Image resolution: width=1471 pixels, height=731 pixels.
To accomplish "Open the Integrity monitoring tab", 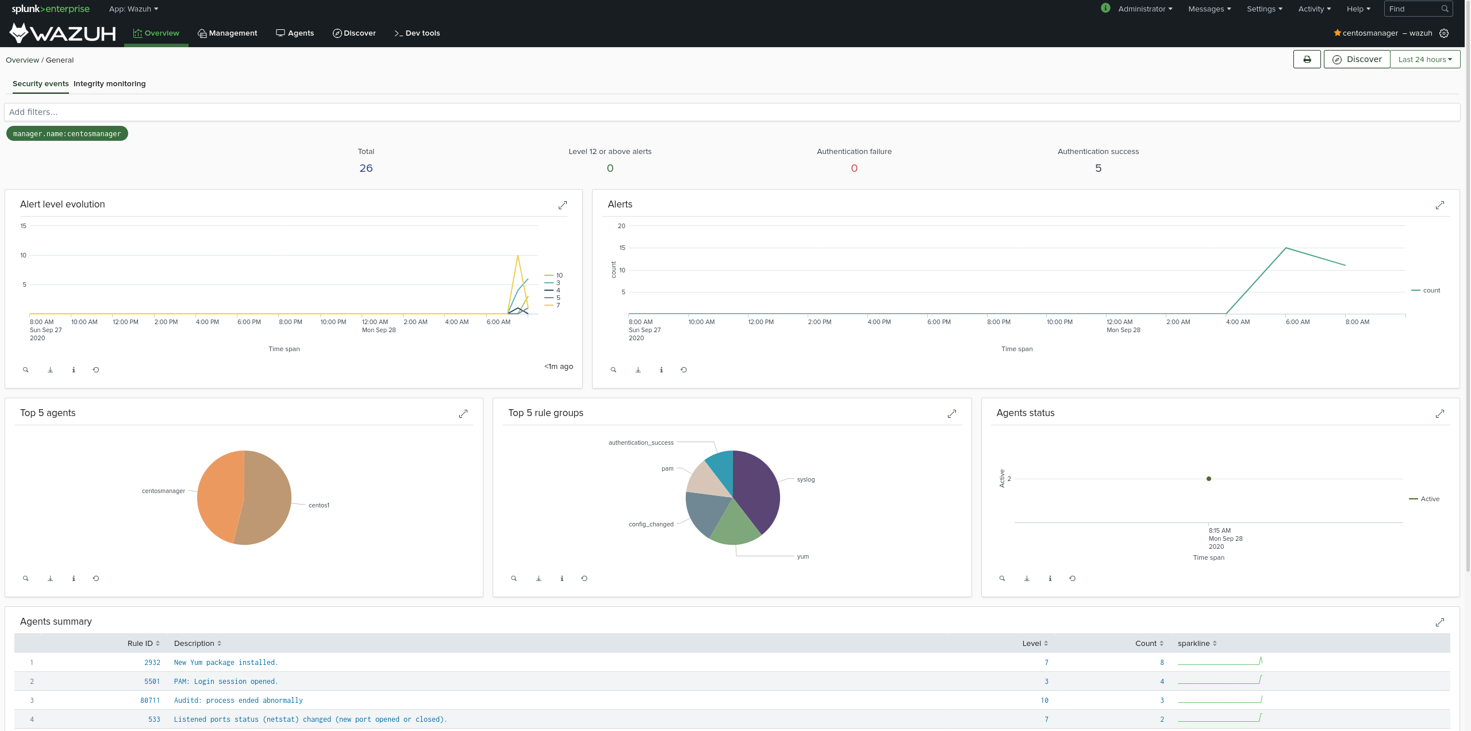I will point(109,84).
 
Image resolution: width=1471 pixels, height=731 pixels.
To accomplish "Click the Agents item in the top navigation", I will point(295,33).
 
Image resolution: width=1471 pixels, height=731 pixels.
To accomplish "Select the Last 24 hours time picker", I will point(1424,59).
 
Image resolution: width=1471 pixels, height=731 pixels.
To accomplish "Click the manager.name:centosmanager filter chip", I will point(67,134).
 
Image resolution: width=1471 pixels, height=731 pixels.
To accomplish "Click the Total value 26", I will point(366,168).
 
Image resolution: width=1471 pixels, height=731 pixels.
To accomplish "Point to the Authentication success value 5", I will point(1098,168).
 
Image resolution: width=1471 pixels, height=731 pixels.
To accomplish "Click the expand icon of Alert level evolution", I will point(563,205).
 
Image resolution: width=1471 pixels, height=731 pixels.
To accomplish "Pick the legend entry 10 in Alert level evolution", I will point(559,275).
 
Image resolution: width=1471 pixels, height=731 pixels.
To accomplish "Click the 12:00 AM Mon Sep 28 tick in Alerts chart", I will point(1119,322).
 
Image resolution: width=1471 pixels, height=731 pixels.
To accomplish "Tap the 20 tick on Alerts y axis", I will point(621,226).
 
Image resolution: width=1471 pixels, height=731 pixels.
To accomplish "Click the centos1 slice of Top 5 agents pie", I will point(267,500).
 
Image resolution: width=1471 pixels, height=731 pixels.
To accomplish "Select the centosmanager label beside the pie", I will point(163,491).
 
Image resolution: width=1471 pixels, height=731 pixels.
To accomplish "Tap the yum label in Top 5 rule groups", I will point(802,556).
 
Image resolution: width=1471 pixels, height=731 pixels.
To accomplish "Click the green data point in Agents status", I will point(1208,479).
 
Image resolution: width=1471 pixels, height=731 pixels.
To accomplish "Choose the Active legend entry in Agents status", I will point(1430,499).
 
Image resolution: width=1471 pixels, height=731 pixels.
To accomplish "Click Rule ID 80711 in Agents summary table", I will point(150,701).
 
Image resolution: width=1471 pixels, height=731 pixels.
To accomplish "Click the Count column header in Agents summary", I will point(1146,644).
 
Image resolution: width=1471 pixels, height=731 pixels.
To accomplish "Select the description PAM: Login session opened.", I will point(225,682).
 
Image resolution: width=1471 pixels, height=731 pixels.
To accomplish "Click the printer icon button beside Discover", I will point(1307,59).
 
